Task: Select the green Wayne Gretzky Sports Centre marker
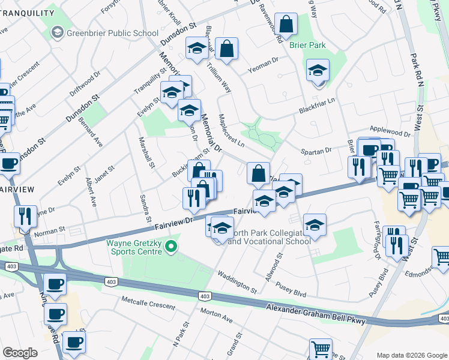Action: [x=172, y=246]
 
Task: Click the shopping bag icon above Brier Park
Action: [x=287, y=25]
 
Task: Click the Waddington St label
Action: [x=237, y=282]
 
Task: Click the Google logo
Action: [x=20, y=353]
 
